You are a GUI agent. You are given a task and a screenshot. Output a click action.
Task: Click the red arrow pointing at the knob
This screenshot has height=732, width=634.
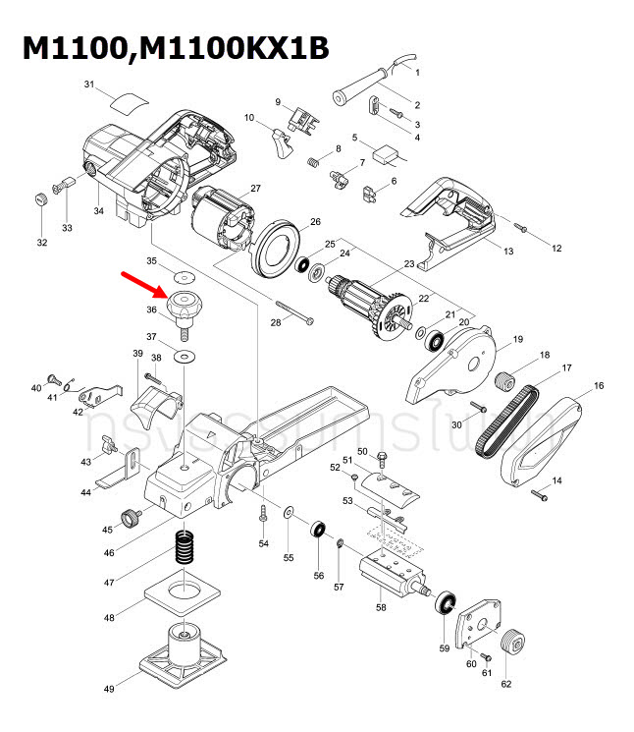click(x=142, y=283)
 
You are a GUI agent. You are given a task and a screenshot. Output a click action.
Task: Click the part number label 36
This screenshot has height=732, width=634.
click(x=151, y=310)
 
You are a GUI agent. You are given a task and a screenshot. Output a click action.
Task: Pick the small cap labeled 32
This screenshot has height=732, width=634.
click(x=41, y=200)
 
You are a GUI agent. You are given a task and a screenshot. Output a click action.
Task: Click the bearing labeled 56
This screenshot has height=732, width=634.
click(x=318, y=531)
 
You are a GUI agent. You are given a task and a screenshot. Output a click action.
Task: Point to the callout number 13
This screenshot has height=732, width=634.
click(x=508, y=252)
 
